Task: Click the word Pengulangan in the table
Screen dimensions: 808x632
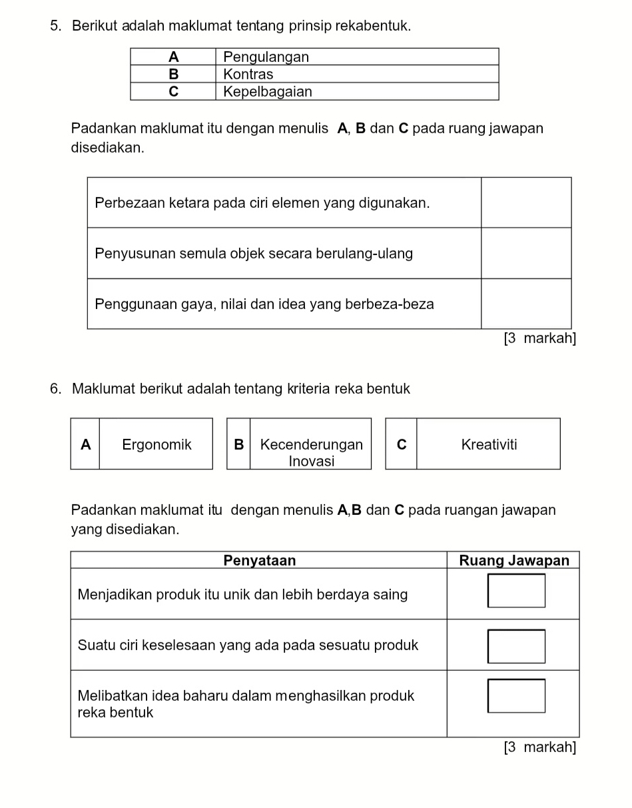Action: [x=266, y=57]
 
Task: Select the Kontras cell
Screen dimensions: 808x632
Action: [x=248, y=74]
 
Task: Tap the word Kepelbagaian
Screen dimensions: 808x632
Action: [x=267, y=91]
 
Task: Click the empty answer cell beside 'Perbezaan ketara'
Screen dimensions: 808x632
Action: [x=526, y=202]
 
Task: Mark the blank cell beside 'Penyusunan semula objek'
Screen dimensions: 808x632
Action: [x=526, y=253]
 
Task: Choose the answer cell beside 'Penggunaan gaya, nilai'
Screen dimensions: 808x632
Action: [x=526, y=304]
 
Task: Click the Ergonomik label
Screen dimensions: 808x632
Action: [x=157, y=444]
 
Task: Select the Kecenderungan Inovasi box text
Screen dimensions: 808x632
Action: [x=311, y=452]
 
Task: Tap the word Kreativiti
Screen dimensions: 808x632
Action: [x=489, y=444]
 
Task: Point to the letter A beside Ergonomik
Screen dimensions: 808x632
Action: [x=85, y=444]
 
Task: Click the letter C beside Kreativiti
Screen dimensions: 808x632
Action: [x=401, y=444]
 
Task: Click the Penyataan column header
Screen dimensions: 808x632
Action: [x=259, y=560]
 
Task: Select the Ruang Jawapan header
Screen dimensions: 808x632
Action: [x=514, y=560]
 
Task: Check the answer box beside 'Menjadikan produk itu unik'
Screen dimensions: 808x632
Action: [x=516, y=591]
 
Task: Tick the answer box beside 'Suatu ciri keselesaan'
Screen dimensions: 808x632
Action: [x=516, y=646]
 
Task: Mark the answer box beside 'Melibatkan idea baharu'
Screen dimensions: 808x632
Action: [x=516, y=696]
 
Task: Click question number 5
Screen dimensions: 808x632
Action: [x=55, y=26]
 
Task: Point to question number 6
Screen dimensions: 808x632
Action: [x=55, y=388]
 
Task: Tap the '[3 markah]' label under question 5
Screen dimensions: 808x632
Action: [x=539, y=338]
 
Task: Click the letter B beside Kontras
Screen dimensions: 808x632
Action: [x=173, y=74]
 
